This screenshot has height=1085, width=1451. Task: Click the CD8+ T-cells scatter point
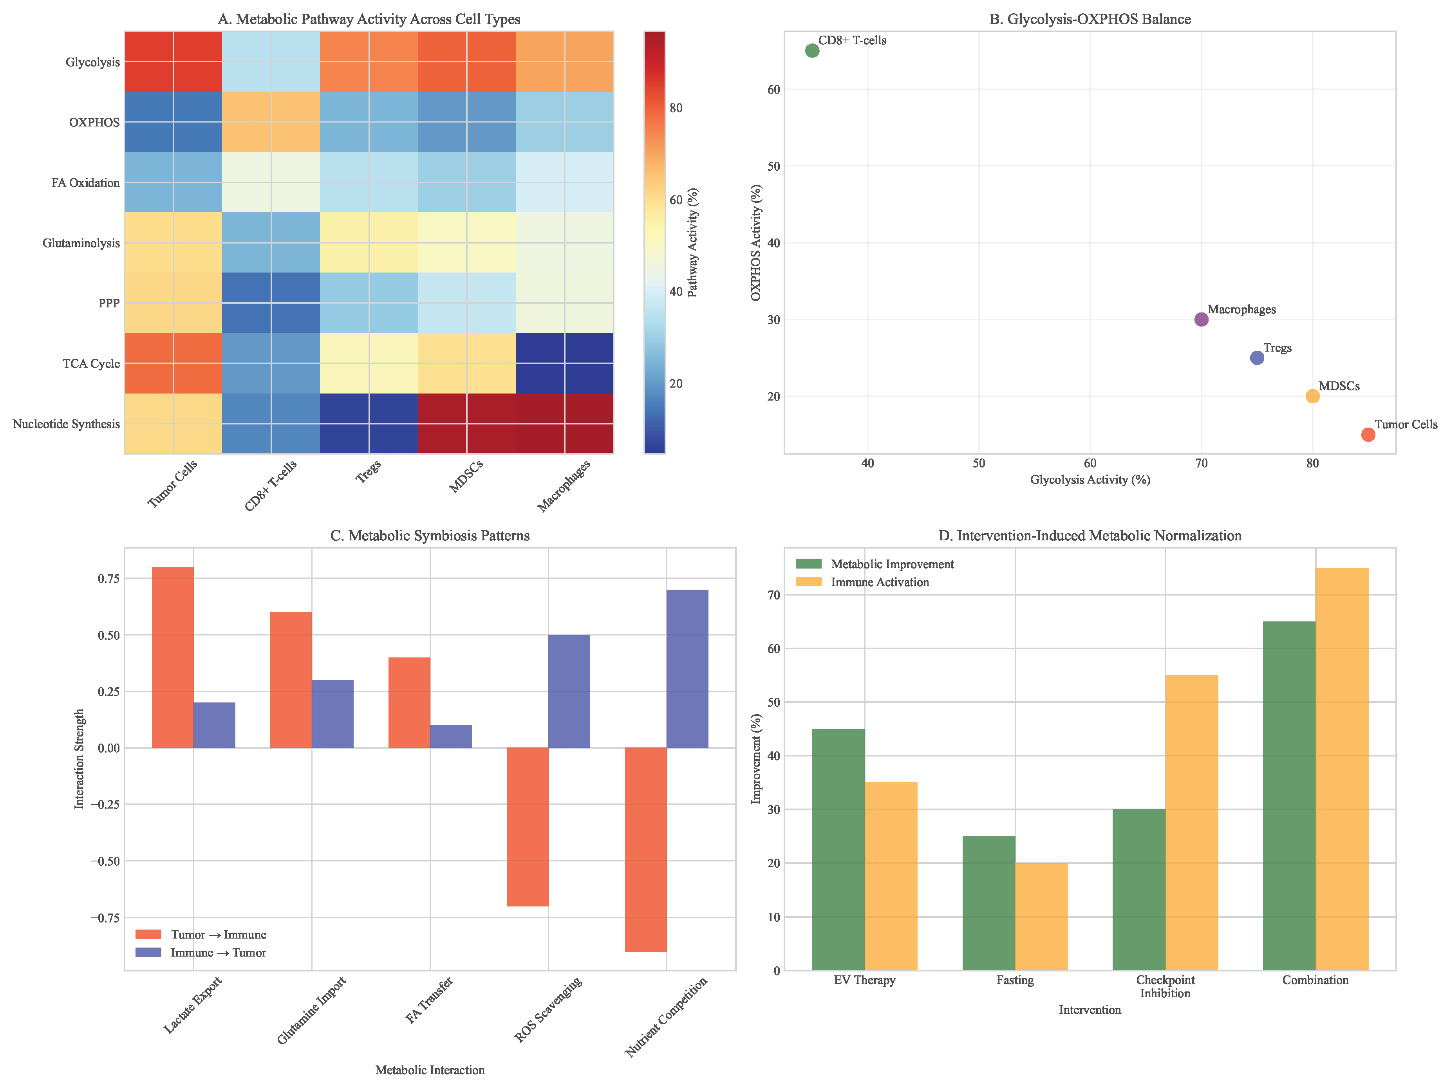click(812, 51)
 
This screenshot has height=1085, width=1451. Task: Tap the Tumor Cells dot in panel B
click(1368, 434)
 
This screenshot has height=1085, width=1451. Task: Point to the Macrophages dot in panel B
click(1201, 320)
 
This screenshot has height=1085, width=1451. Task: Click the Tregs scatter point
click(1257, 357)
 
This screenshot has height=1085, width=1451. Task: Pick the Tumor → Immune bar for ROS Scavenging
click(528, 827)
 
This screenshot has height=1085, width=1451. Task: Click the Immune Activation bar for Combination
click(1342, 769)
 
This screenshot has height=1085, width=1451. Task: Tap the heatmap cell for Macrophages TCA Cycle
click(564, 363)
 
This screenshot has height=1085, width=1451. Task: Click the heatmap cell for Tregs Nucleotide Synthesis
click(369, 424)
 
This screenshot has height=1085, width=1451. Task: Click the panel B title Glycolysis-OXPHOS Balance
click(1090, 19)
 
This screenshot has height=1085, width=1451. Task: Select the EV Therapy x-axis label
click(865, 980)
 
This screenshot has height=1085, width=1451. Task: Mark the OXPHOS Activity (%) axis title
click(756, 243)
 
